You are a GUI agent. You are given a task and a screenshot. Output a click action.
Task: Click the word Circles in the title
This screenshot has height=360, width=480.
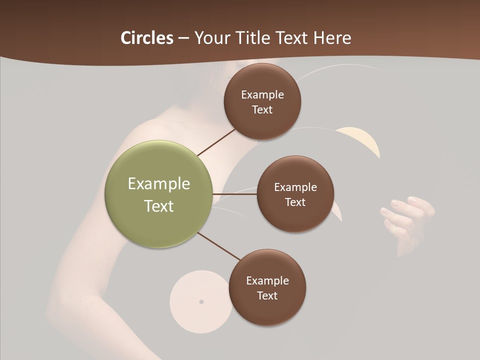click(146, 37)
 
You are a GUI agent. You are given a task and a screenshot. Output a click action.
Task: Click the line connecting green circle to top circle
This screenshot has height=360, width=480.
click(216, 142)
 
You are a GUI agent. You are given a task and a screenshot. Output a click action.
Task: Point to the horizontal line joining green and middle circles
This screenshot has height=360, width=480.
click(235, 194)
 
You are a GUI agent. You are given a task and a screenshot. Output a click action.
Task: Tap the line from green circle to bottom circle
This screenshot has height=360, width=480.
click(219, 246)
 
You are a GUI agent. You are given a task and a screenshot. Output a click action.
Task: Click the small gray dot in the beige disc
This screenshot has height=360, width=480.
click(201, 301)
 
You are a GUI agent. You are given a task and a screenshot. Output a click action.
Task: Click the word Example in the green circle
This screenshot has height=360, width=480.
click(159, 184)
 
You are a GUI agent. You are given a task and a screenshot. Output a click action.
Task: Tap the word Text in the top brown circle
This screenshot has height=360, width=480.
click(262, 110)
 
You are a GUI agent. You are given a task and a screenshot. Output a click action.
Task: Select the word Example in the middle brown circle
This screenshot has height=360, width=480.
click(295, 187)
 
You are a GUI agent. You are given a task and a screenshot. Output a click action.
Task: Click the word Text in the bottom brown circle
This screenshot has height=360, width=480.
click(267, 296)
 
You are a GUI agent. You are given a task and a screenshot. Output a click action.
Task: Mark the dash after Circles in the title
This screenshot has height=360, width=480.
click(183, 38)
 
